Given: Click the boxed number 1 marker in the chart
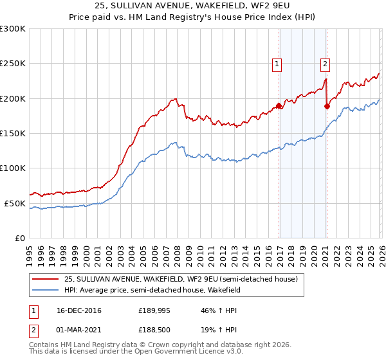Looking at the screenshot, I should [277, 64].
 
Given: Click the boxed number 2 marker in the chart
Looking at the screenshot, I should [326, 64].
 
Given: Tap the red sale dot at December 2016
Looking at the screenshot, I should [279, 105].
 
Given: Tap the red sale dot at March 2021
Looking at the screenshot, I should [327, 106].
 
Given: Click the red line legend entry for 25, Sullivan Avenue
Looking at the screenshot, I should [180, 280].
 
